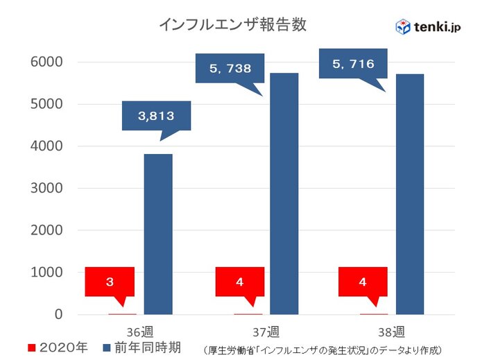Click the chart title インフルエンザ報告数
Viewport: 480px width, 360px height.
tap(232, 25)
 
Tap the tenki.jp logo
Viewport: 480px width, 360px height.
tap(427, 26)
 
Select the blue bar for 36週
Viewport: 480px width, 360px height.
tap(158, 234)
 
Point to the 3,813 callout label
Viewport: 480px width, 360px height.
tap(156, 116)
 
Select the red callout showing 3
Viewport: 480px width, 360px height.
tap(110, 282)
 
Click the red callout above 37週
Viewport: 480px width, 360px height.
tap(239, 282)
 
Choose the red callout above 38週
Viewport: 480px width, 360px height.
tap(363, 282)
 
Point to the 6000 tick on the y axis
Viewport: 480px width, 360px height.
tap(48, 62)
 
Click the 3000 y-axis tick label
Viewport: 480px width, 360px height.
tap(48, 189)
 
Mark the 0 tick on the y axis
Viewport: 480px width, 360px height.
tap(58, 315)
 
